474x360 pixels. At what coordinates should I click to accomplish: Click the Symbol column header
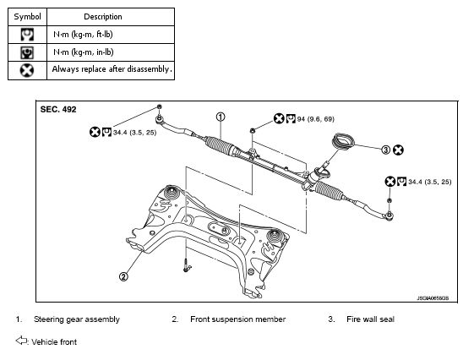(x=27, y=17)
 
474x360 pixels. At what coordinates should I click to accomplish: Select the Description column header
(x=103, y=17)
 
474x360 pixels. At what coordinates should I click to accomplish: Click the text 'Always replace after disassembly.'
(x=112, y=69)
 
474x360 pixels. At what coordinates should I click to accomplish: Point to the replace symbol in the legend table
(x=27, y=70)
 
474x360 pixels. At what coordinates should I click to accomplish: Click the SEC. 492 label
(x=58, y=109)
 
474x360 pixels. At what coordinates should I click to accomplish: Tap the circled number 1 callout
(x=221, y=117)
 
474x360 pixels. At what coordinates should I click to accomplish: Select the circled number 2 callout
(x=123, y=276)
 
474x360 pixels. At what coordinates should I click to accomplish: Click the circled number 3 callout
(x=386, y=150)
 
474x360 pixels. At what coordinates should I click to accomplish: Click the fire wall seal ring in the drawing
(x=343, y=140)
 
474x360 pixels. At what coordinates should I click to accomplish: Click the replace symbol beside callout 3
(x=398, y=150)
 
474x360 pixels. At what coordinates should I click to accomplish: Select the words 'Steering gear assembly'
(x=77, y=319)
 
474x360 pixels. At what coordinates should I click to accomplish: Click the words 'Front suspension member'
(x=238, y=319)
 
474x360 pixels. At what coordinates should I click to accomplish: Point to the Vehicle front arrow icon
(x=21, y=341)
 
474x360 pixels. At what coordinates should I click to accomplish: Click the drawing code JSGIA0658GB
(x=433, y=298)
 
